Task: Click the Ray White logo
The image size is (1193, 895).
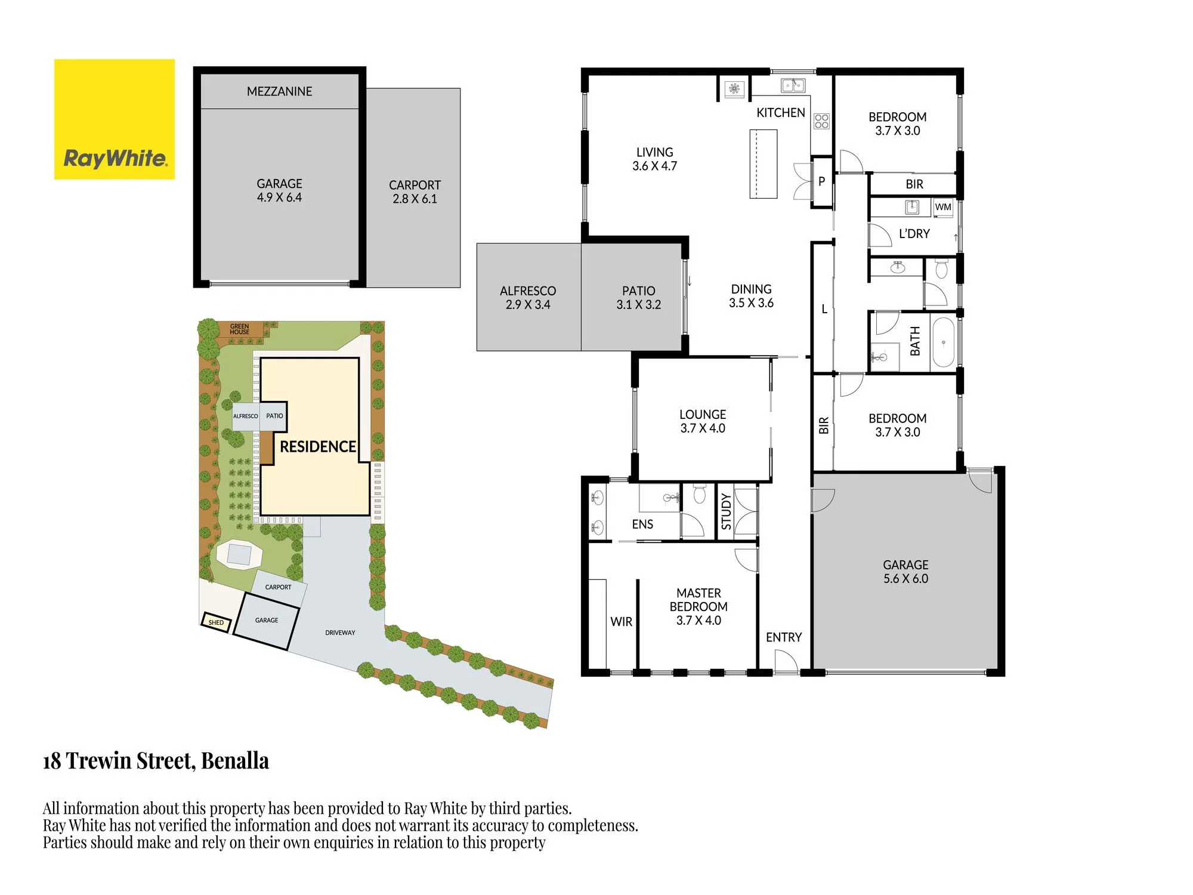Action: pyautogui.click(x=115, y=119)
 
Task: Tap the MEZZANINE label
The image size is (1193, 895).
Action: pyautogui.click(x=279, y=91)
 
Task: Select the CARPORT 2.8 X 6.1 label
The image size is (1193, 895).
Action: pyautogui.click(x=415, y=192)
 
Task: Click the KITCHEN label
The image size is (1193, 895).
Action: pyautogui.click(x=780, y=113)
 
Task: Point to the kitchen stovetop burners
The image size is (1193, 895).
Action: pyautogui.click(x=821, y=121)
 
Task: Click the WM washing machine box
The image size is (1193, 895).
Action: pyautogui.click(x=943, y=207)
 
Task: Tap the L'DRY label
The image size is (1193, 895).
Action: pyautogui.click(x=914, y=234)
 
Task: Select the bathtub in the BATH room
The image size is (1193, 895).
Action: pyautogui.click(x=943, y=342)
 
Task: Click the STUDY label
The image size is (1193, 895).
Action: pyautogui.click(x=726, y=511)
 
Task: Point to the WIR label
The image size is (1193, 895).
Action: pyautogui.click(x=621, y=622)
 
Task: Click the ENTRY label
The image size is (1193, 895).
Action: pyautogui.click(x=784, y=637)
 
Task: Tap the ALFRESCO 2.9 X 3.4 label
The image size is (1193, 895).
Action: pyautogui.click(x=528, y=298)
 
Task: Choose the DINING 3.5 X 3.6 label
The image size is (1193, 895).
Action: pyautogui.click(x=751, y=296)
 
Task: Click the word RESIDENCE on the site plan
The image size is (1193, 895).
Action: pyautogui.click(x=318, y=447)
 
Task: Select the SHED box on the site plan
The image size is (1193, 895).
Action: pyautogui.click(x=216, y=622)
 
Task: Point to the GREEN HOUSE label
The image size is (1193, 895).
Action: pyautogui.click(x=240, y=329)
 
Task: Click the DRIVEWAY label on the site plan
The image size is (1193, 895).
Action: pyautogui.click(x=340, y=632)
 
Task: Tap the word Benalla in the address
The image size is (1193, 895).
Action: pyautogui.click(x=235, y=761)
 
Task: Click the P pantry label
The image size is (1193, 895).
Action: pyautogui.click(x=821, y=181)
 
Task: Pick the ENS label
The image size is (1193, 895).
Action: pyautogui.click(x=642, y=524)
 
